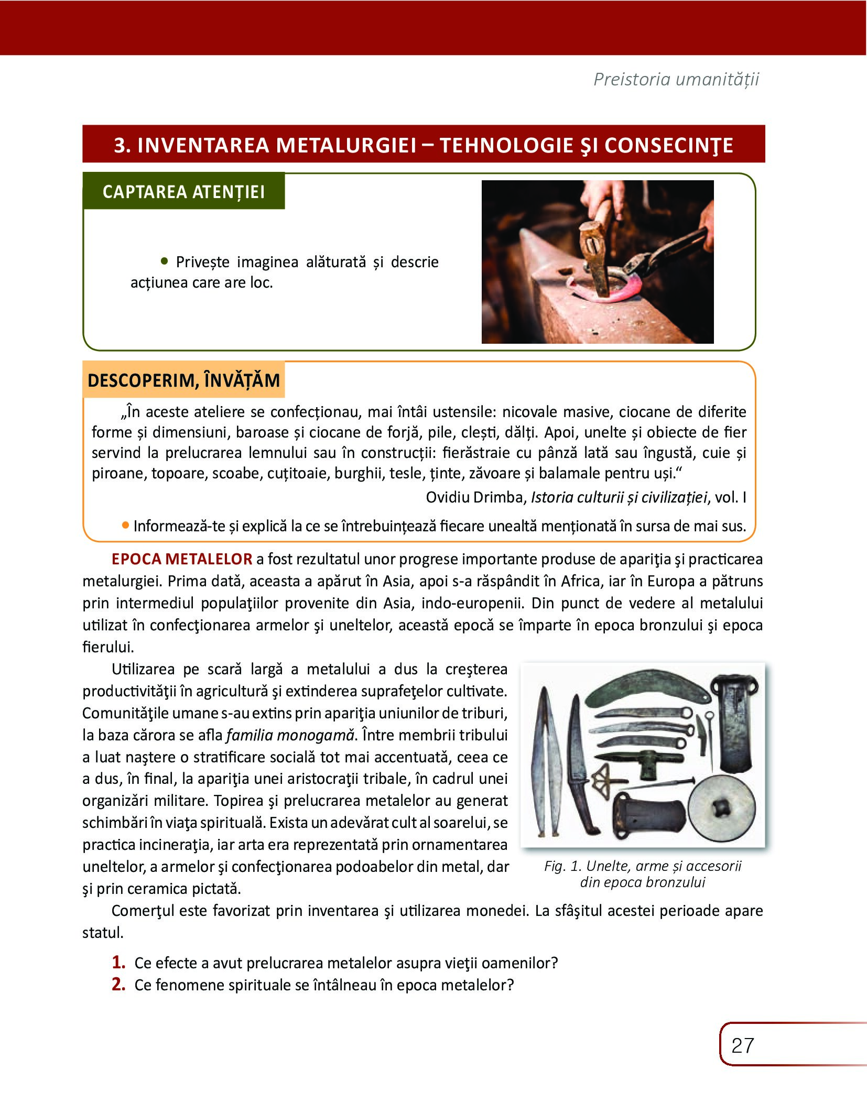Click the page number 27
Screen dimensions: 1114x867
[x=742, y=1046]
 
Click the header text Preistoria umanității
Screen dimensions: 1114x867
[x=676, y=79]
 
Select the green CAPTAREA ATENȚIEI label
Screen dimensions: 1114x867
[x=183, y=192]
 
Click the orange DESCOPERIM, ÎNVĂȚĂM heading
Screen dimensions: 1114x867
[x=183, y=380]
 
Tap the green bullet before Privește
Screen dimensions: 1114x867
[x=165, y=260]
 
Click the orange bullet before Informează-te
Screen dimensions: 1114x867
[x=125, y=525]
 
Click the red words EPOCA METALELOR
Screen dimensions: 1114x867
[x=182, y=559]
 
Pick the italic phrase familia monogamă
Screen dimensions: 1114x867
[x=291, y=735]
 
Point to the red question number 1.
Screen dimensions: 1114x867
[x=118, y=962]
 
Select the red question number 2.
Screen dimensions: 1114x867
[x=118, y=984]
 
